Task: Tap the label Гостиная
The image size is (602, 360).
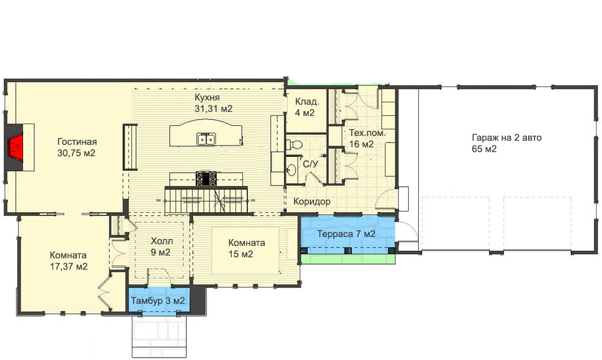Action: pyautogui.click(x=77, y=142)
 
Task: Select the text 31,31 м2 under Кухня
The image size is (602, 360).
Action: pyautogui.click(x=213, y=109)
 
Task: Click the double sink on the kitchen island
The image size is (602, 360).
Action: pyautogui.click(x=206, y=139)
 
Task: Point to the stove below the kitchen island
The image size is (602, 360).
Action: pyautogui.click(x=206, y=179)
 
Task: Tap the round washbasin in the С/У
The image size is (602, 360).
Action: pyautogui.click(x=292, y=170)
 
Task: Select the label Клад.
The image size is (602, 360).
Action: pyautogui.click(x=307, y=102)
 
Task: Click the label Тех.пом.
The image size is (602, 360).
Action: pyautogui.click(x=367, y=133)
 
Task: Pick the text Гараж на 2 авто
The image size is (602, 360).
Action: pyautogui.click(x=506, y=137)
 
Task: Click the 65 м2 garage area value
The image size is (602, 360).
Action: pyautogui.click(x=484, y=148)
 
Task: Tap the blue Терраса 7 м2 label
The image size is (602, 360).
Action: pyautogui.click(x=346, y=233)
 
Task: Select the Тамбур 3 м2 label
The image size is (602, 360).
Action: pyautogui.click(x=158, y=300)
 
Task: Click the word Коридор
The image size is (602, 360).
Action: pyautogui.click(x=312, y=202)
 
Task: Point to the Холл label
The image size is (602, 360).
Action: pyautogui.click(x=161, y=241)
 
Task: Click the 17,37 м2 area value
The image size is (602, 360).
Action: pyautogui.click(x=69, y=267)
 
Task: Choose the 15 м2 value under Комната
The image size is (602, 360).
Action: pyautogui.click(x=241, y=254)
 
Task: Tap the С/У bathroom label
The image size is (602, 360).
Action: pyautogui.click(x=310, y=164)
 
